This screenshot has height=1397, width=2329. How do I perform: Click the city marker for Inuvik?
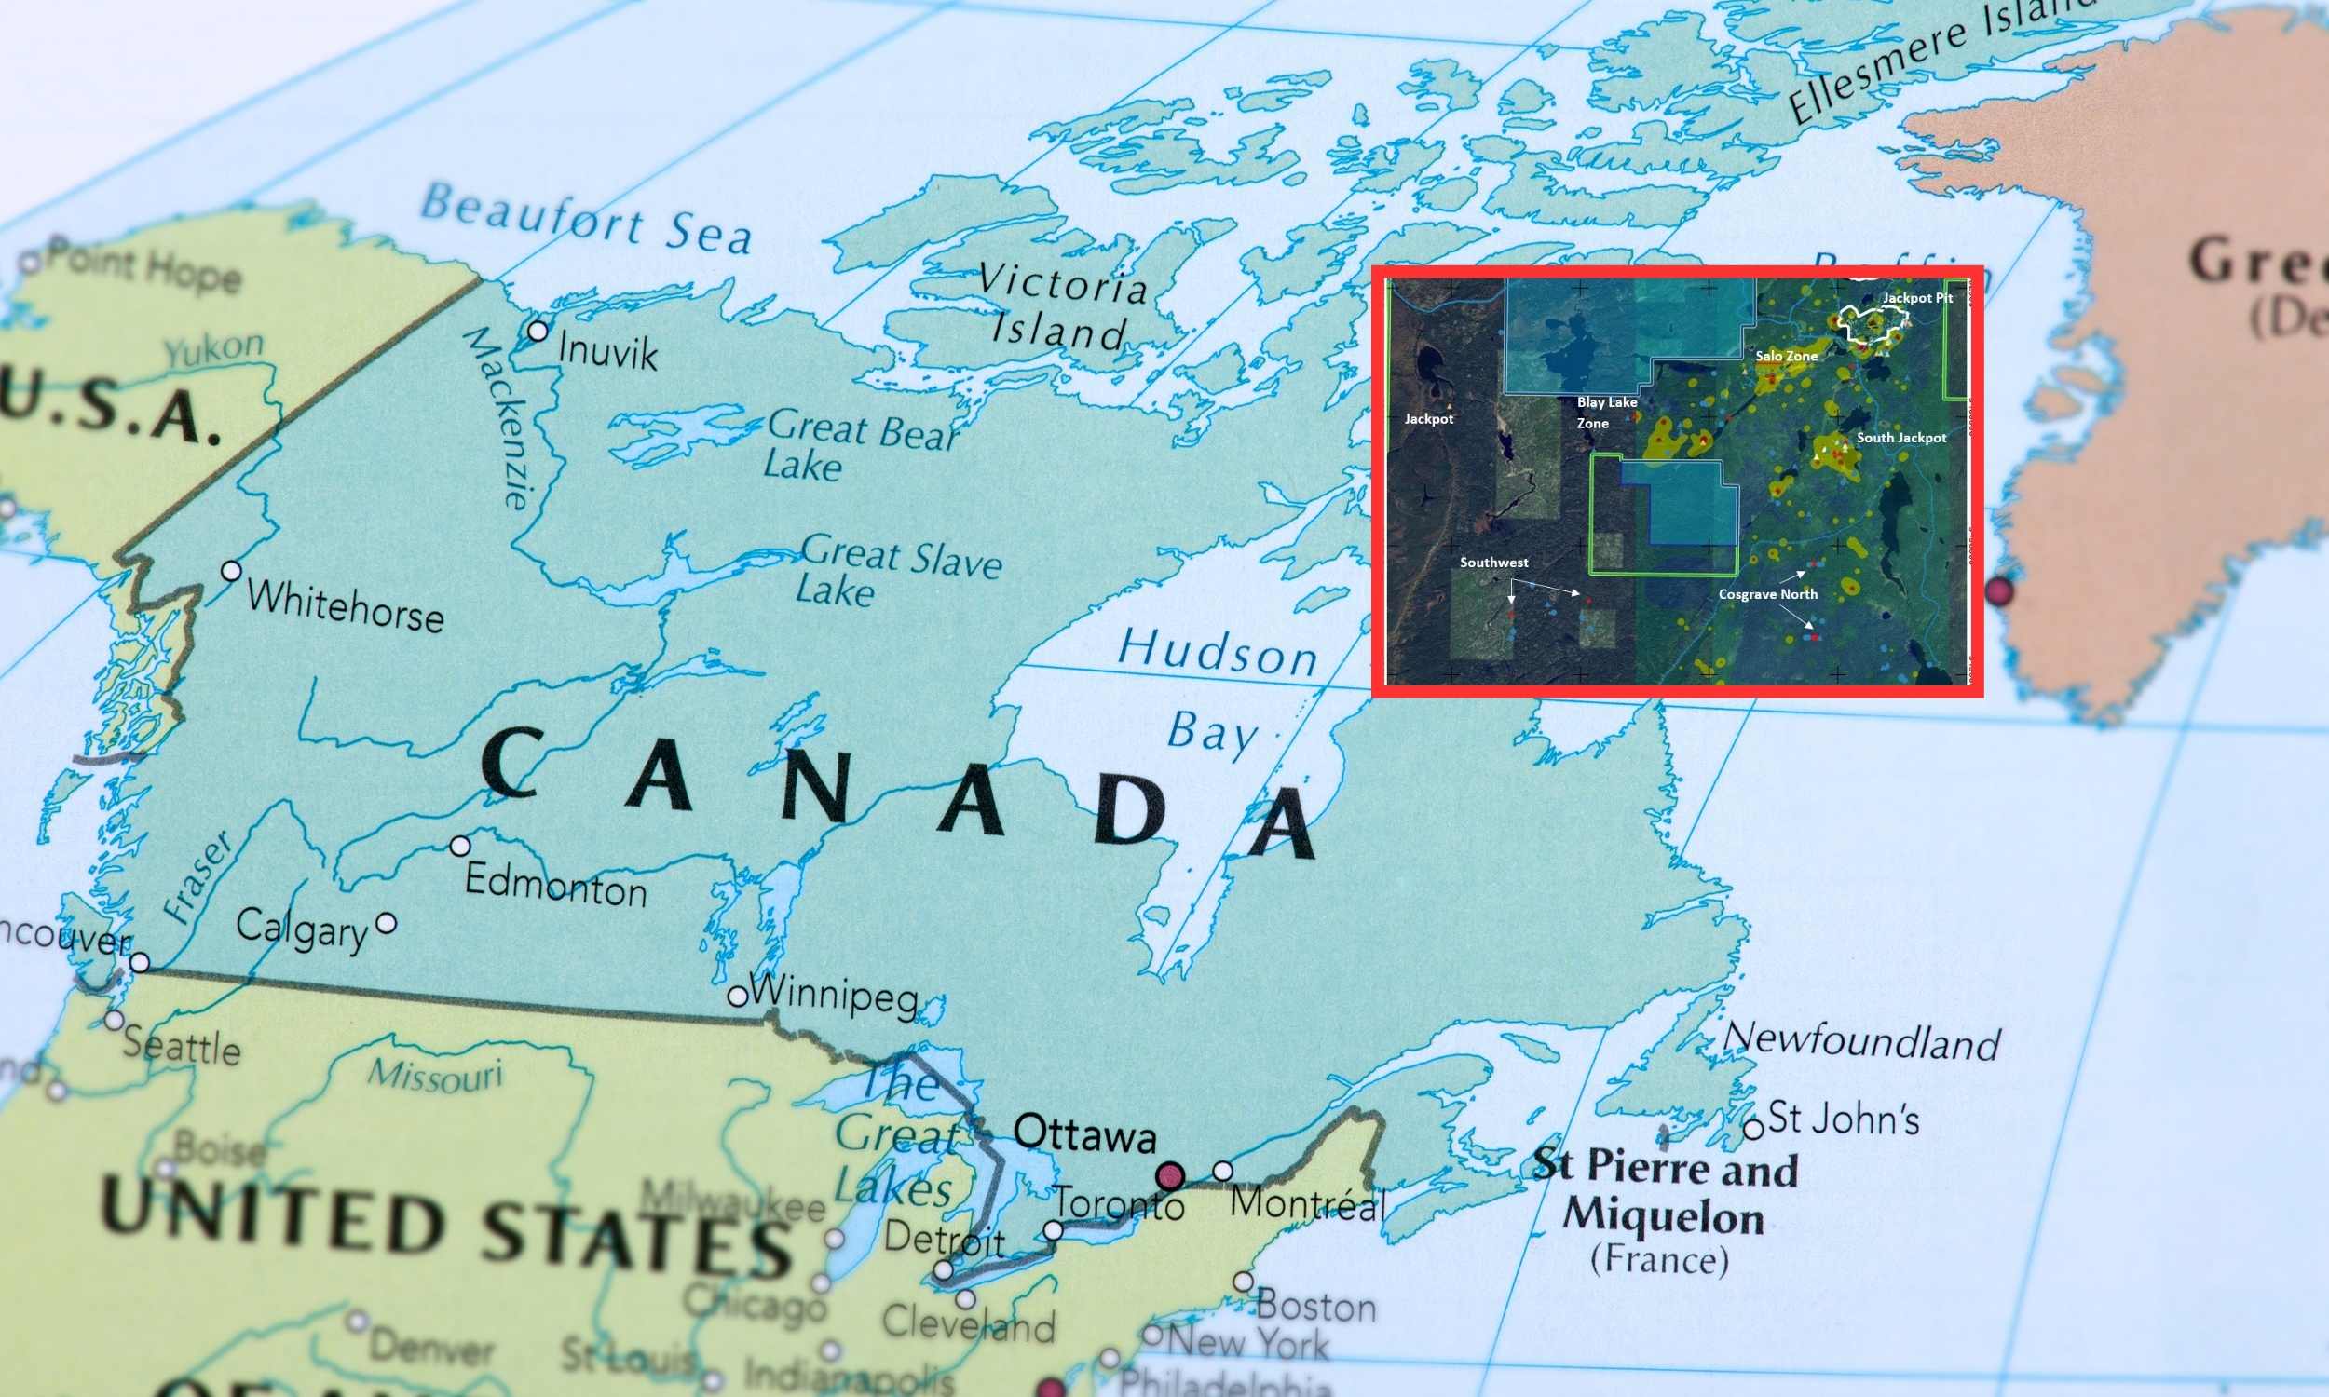[538, 331]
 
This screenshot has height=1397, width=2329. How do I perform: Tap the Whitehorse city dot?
[231, 571]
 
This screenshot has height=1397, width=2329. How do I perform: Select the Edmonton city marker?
[459, 846]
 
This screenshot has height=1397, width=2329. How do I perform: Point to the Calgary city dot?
[386, 923]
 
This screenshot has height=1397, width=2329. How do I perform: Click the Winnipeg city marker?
[738, 996]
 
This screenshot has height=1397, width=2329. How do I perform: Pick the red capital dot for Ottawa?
[1170, 1175]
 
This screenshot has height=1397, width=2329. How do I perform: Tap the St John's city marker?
[1753, 1128]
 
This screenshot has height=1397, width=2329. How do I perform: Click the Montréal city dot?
[1222, 1171]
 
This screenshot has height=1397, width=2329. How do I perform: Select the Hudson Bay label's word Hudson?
[1219, 651]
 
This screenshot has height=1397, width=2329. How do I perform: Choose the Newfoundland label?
[1861, 1041]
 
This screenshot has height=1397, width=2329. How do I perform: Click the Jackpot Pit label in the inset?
[1917, 297]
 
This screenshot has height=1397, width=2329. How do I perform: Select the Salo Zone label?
[1786, 356]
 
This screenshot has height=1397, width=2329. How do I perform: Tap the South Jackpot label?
[1900, 438]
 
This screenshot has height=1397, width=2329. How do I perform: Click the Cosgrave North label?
[1767, 594]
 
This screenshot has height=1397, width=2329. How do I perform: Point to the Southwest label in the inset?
[1493, 562]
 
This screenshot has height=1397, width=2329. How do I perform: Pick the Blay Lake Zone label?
[1606, 413]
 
